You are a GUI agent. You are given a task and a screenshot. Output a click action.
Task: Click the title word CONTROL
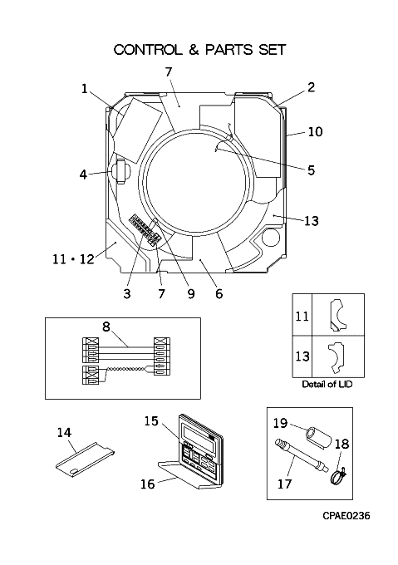(148, 50)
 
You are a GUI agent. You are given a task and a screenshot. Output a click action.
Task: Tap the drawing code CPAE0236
(346, 516)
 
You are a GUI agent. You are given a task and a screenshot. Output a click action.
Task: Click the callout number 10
(315, 131)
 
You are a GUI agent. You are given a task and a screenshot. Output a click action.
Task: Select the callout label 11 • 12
(73, 258)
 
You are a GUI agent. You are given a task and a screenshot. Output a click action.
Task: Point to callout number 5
(312, 170)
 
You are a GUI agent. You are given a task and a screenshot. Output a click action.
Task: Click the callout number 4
(83, 174)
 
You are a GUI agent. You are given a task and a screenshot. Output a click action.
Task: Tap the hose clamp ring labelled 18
(337, 477)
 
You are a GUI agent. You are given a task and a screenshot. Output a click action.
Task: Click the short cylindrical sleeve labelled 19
(318, 437)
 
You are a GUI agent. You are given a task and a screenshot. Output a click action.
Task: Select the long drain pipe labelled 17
(302, 455)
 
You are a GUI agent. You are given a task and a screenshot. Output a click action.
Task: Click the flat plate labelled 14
(86, 462)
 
